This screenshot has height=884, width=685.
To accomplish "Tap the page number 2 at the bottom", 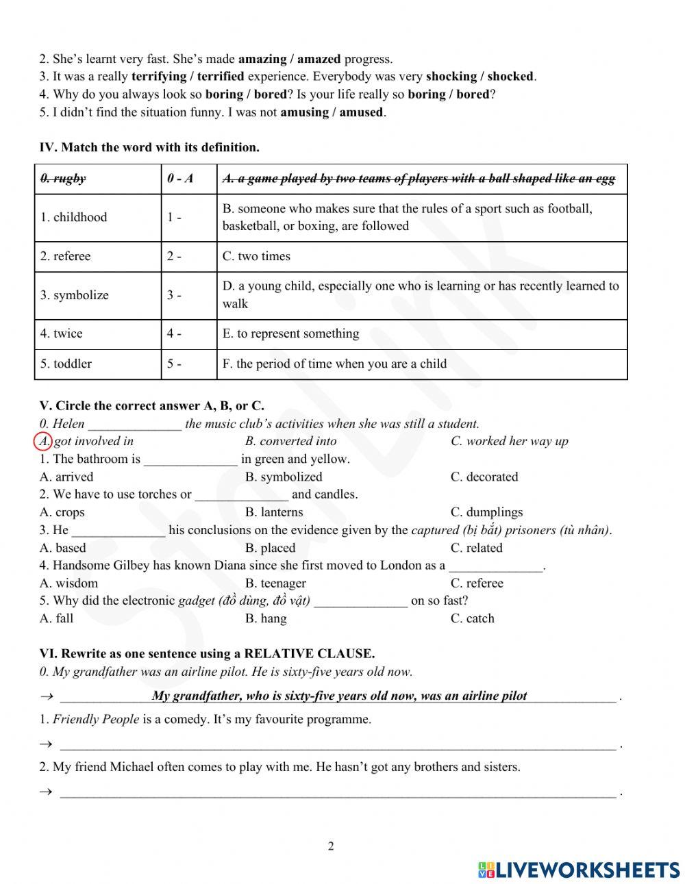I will pos(331,846).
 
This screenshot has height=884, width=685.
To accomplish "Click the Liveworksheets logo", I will pos(579,870).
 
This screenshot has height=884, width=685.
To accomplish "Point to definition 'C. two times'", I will pos(256,256).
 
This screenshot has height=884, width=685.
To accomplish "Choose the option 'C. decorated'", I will pos(484,477).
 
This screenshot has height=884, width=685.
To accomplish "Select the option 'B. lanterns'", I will pos(274,512).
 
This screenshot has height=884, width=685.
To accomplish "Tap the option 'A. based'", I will pos(63,548).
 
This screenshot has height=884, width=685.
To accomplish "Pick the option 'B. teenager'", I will pos(275,583).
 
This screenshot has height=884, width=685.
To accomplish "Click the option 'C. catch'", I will pos(472,618).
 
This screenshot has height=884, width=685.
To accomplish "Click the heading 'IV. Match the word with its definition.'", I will pos(149,147).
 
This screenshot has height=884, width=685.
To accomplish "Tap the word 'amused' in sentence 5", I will pos(361,112).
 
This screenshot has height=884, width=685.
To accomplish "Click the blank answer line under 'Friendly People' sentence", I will pos(338,744).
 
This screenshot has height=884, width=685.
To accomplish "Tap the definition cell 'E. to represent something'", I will pos(290,333).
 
